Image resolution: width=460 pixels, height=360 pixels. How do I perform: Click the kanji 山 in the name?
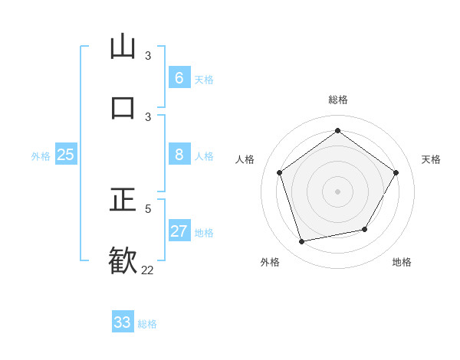[123, 47]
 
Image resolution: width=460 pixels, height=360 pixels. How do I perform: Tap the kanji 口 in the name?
[123, 107]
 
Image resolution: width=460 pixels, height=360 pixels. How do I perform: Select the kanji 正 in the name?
[123, 200]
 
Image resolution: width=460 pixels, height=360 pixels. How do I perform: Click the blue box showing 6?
[179, 77]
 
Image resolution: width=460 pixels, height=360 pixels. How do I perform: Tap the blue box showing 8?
[179, 154]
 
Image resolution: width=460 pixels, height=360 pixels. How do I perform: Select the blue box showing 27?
[179, 231]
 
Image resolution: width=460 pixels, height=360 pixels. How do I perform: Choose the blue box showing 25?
[65, 154]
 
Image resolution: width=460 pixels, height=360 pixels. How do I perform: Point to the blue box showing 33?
[123, 322]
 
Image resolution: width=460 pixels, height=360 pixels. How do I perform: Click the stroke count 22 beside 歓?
[147, 270]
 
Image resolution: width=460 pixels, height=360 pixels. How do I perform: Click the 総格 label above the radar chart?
[337, 100]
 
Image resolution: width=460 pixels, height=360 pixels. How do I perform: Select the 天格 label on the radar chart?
[431, 159]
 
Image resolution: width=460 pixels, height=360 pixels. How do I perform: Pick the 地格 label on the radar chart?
[402, 262]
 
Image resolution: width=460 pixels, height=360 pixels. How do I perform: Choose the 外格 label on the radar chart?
[270, 262]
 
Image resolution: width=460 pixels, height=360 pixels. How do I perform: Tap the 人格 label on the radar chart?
[245, 159]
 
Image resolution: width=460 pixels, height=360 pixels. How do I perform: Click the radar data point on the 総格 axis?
[337, 130]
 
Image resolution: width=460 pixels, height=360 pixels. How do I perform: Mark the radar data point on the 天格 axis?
[396, 172]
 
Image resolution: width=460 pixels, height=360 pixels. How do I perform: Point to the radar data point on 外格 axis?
[302, 241]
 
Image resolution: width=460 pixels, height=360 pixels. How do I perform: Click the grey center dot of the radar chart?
[337, 191]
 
